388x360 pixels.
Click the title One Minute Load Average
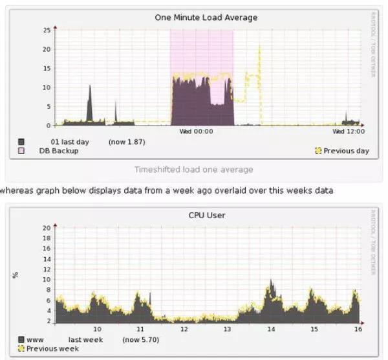[206, 17]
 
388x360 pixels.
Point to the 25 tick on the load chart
[47, 30]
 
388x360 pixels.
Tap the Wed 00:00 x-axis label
[196, 131]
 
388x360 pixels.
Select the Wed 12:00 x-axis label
[349, 131]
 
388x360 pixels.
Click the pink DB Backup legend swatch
[21, 151]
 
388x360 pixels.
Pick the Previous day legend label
[347, 151]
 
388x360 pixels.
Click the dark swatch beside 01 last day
[21, 141]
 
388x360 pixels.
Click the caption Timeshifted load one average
[193, 170]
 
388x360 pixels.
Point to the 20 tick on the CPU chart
[45, 228]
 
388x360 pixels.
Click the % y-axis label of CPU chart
[15, 275]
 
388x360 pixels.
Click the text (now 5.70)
[140, 339]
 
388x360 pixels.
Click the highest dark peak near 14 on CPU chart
[271, 281]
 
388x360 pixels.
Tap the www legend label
[35, 339]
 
